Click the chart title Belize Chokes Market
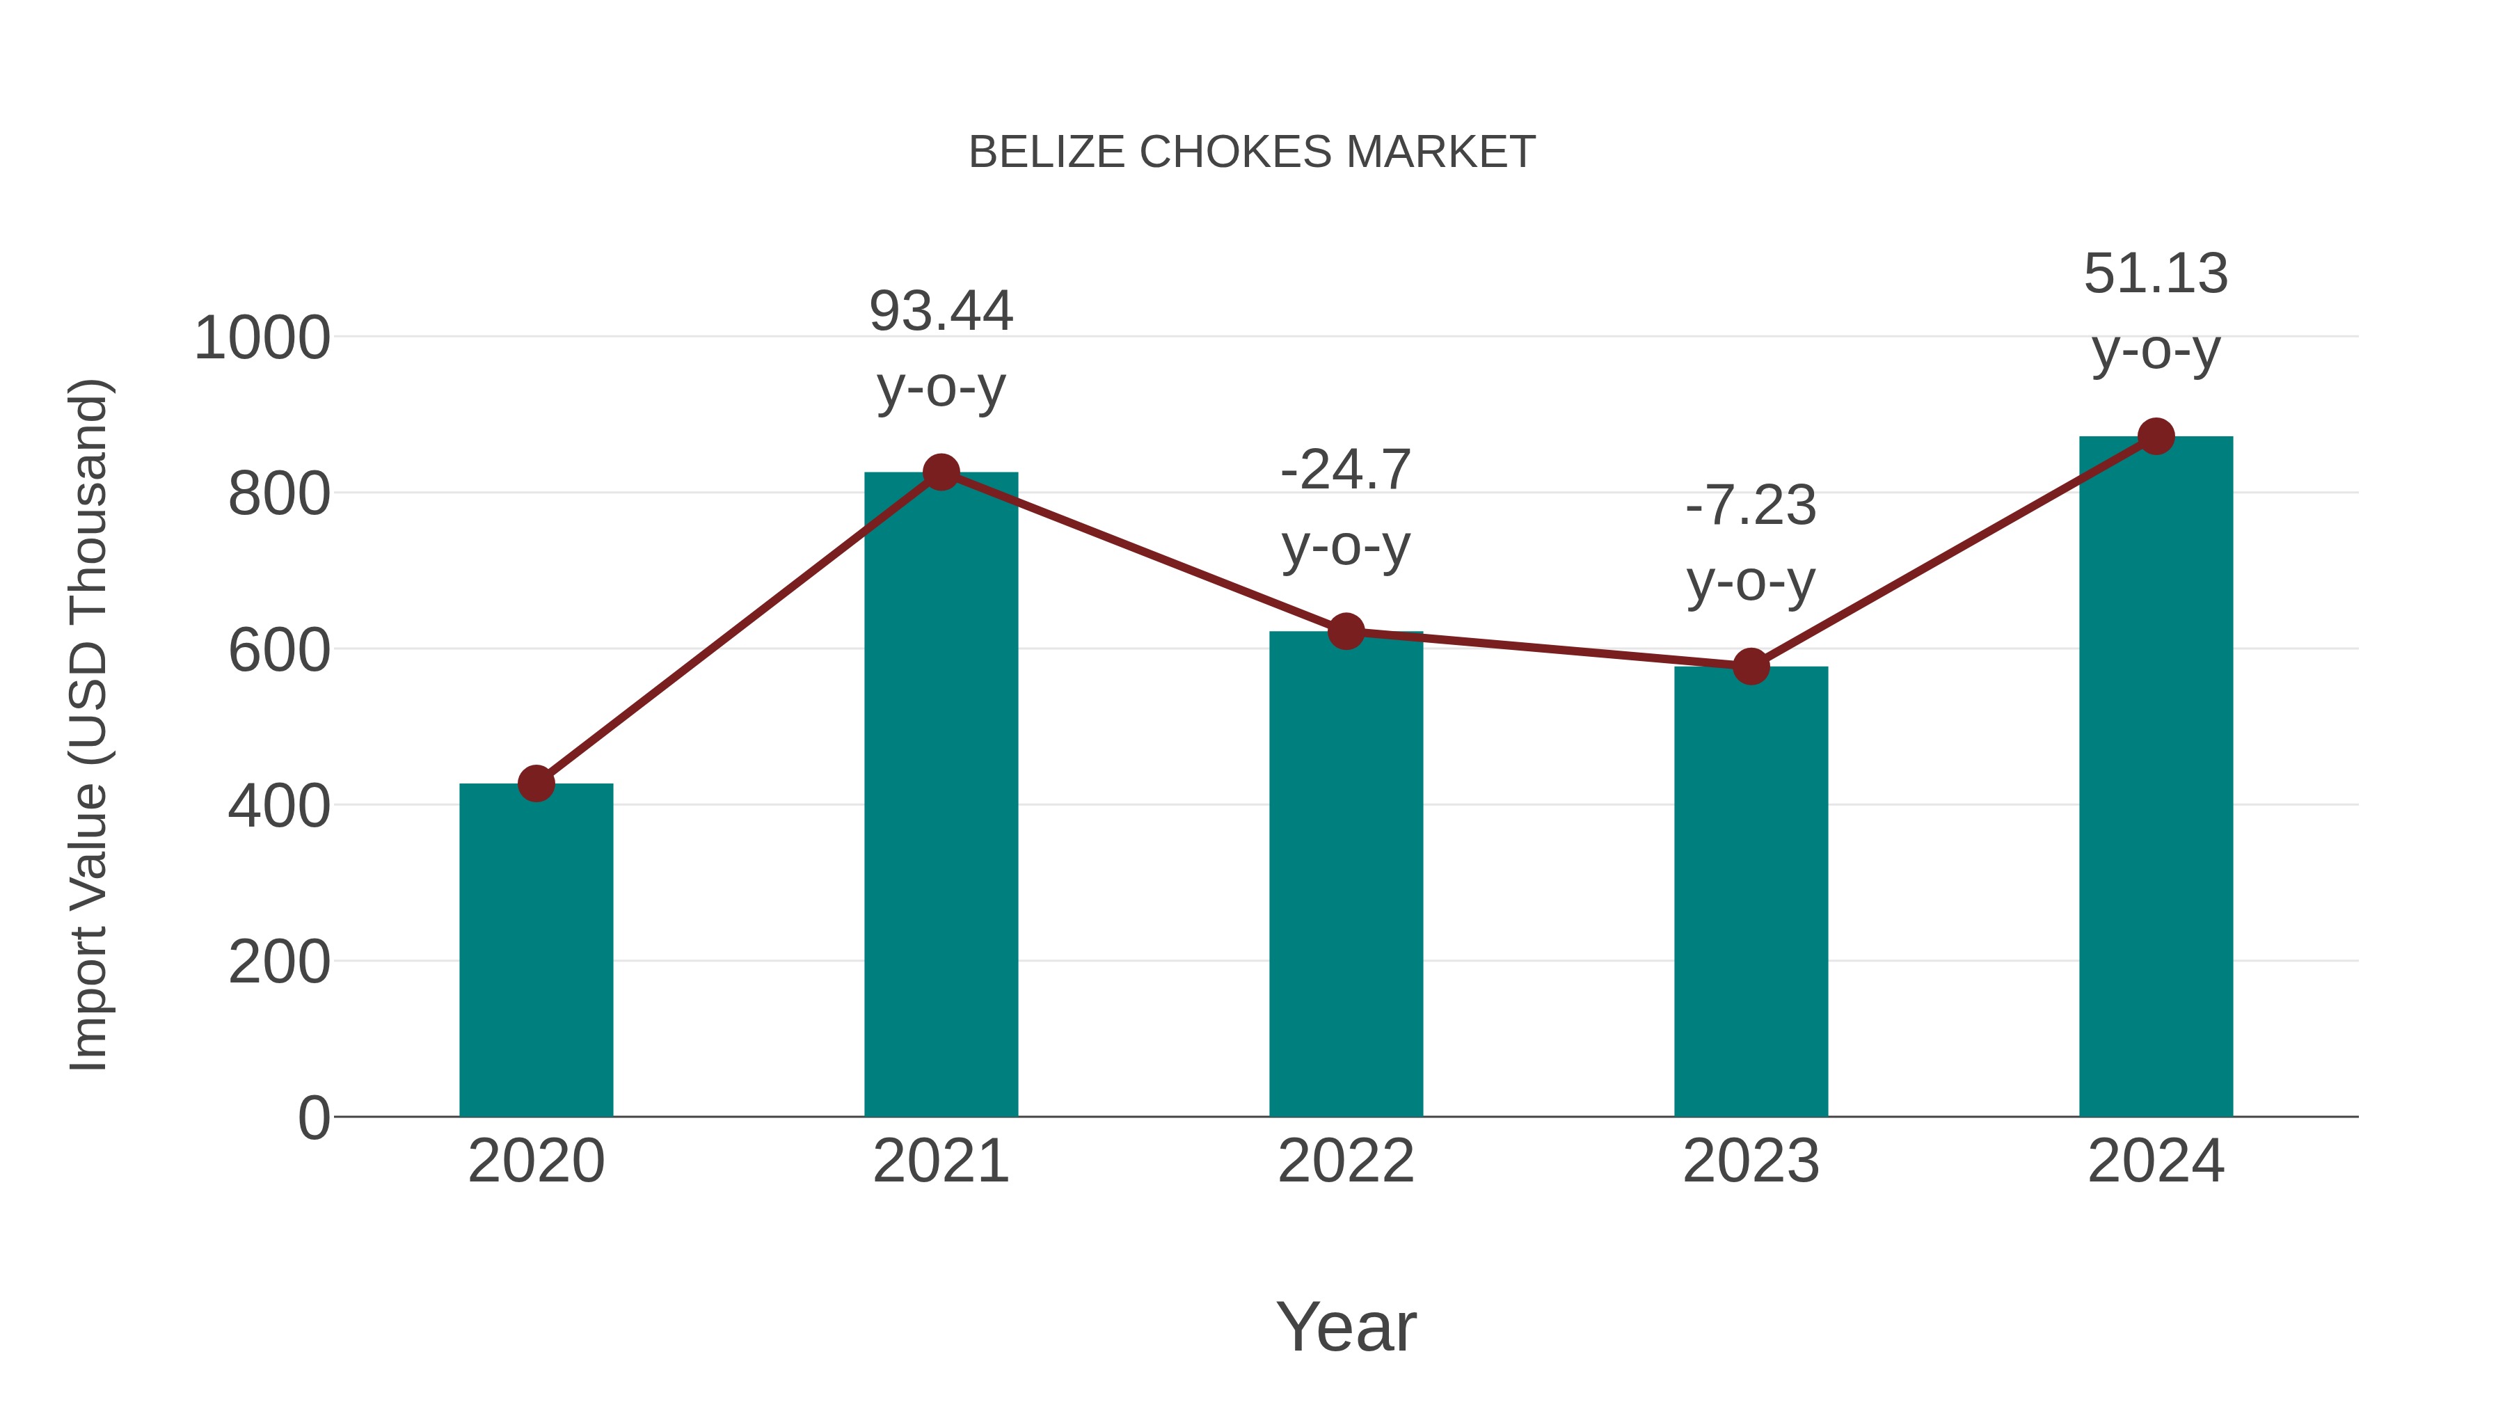coord(1252,152)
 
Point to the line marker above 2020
coord(536,783)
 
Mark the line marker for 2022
coord(1346,631)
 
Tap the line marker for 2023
coord(1751,666)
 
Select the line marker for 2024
coord(2156,436)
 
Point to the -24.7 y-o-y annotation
coord(1346,508)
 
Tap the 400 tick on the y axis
coord(279,806)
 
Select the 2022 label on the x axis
coord(1346,1161)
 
